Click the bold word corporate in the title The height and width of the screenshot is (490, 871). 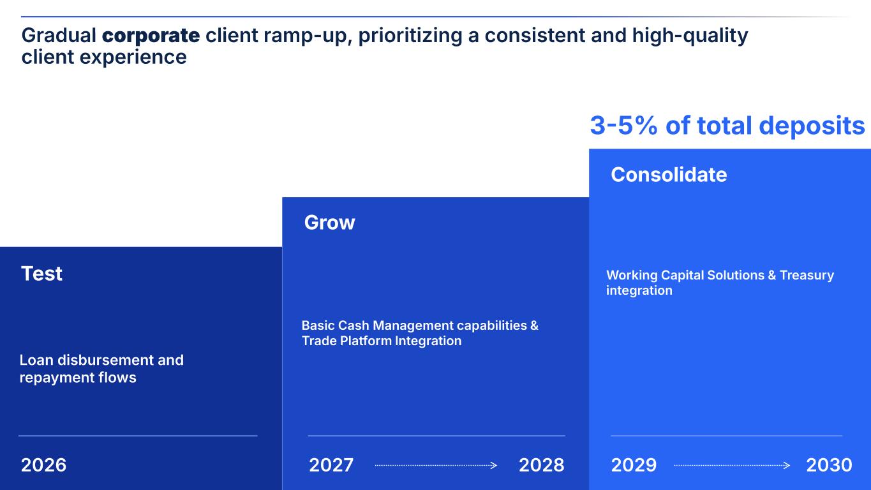click(151, 36)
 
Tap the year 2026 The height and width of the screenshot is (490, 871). click(43, 465)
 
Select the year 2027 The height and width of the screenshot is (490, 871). click(331, 465)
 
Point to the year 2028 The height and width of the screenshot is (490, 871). click(542, 465)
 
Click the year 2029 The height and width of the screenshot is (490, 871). click(634, 465)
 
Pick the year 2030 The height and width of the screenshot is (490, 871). click(829, 465)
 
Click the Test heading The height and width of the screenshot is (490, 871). click(41, 274)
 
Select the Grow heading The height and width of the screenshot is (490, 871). click(329, 223)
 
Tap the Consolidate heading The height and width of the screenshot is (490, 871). click(669, 175)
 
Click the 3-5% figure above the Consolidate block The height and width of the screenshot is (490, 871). click(623, 126)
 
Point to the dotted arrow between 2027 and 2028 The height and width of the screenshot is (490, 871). click(436, 466)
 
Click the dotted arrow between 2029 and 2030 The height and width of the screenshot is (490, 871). click(731, 466)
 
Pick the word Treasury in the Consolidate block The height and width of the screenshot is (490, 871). click(807, 275)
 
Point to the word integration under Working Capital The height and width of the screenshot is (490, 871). click(639, 291)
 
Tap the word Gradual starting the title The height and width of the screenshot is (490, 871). click(59, 36)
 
